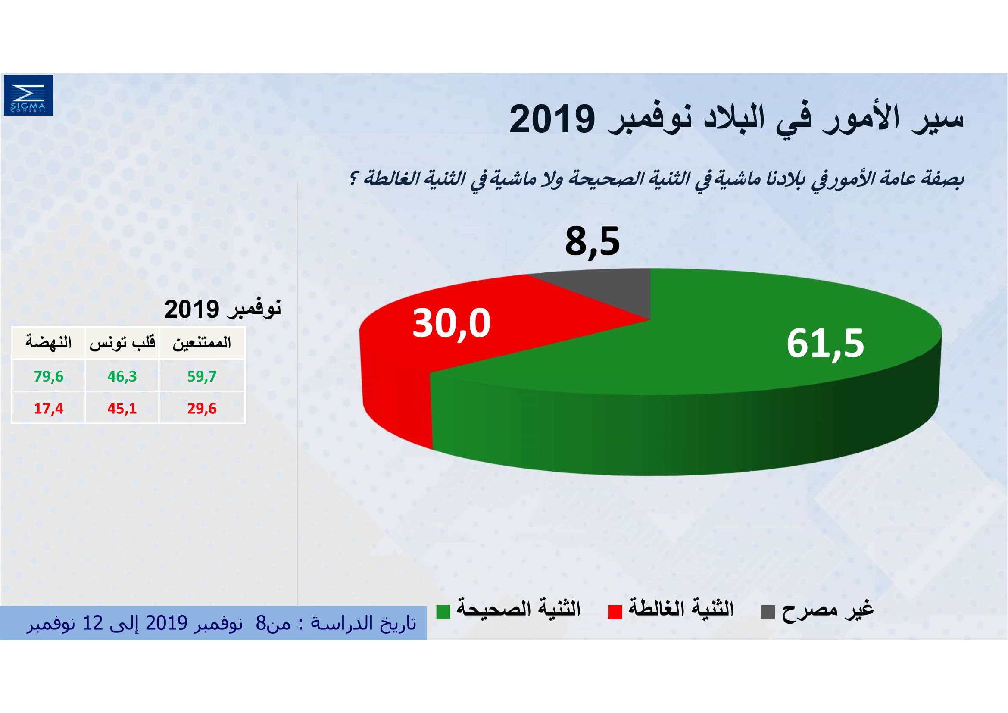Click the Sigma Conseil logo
pos(28,95)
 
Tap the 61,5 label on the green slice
pos(825,343)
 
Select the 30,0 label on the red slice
pos(451,324)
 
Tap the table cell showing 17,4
pos(49,408)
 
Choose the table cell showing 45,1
pos(122,408)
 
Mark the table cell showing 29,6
pos(202,408)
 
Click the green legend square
pos(443,612)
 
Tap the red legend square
pos(615,612)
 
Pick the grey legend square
pos(768,612)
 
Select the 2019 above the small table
pos(192,310)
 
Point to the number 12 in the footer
pos(93,623)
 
